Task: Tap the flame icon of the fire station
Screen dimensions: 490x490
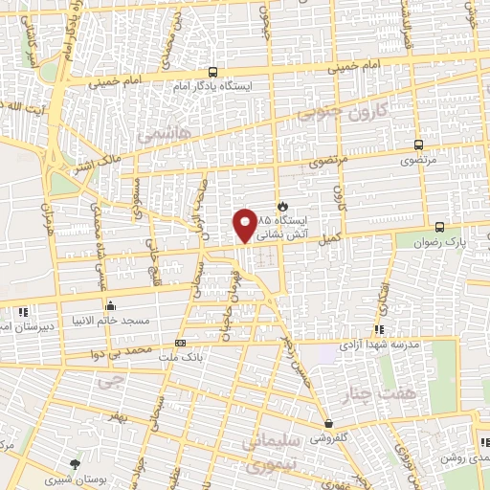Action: click(281, 206)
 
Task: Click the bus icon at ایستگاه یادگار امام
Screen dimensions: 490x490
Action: click(212, 72)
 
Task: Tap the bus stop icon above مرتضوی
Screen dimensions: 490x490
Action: click(417, 145)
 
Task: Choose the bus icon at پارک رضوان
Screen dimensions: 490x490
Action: click(439, 227)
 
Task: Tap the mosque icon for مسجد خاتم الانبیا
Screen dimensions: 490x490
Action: click(111, 307)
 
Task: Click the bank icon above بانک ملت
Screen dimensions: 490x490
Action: click(181, 343)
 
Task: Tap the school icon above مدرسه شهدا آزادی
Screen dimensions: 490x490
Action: click(380, 329)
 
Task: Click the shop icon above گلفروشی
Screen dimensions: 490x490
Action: click(328, 423)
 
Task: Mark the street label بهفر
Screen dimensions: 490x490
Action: click(117, 420)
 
